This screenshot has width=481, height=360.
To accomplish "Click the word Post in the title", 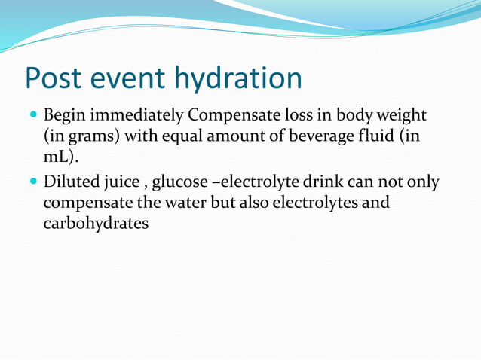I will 56,78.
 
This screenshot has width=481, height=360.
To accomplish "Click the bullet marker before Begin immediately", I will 31,117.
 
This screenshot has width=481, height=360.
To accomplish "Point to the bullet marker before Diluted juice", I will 31,183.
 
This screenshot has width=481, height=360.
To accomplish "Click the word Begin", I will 63,117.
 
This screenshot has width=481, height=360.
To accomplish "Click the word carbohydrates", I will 96,224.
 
